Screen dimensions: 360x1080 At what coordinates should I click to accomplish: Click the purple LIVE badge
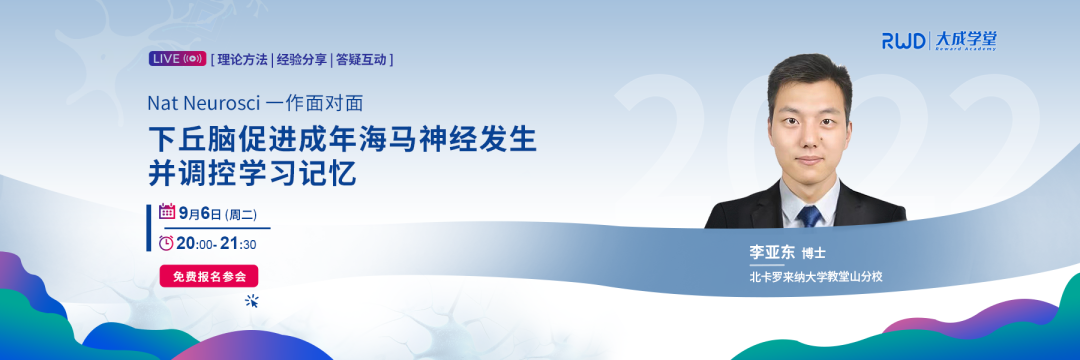[x=178, y=59]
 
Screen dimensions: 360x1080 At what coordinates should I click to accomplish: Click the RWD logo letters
[x=904, y=41]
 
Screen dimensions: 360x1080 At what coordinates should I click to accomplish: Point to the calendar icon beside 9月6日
[x=167, y=211]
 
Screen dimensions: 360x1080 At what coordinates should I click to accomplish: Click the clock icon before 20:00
[x=166, y=243]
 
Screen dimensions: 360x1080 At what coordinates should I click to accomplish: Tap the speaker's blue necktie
[x=811, y=211]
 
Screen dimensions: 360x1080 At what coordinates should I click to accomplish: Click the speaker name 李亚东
[x=771, y=253]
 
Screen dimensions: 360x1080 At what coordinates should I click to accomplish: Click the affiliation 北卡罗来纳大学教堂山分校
[x=816, y=277]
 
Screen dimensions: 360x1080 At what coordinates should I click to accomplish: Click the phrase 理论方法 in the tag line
[x=243, y=60]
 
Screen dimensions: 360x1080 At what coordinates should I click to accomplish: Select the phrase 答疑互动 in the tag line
[x=361, y=60]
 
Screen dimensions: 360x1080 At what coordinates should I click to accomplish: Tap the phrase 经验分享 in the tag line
[x=302, y=60]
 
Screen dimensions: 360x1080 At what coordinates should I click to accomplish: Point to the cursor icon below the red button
[x=252, y=300]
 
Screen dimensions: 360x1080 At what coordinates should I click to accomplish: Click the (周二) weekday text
[x=241, y=213]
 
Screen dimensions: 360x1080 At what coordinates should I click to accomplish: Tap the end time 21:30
[x=238, y=244]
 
